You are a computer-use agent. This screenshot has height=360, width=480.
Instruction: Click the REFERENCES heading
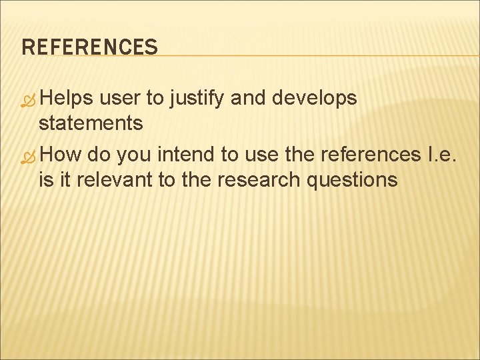89,47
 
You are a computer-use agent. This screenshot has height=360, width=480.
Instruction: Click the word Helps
67,99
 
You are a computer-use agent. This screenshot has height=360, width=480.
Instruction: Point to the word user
121,99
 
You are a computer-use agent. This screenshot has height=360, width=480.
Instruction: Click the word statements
91,123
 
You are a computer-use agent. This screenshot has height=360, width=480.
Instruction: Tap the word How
64,155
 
